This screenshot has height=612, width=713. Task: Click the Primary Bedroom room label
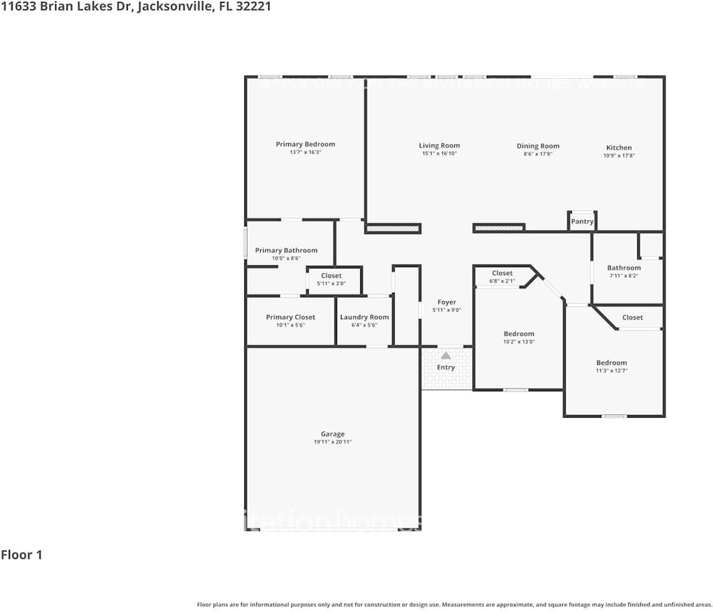coord(305,144)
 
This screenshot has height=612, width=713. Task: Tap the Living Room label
coord(439,145)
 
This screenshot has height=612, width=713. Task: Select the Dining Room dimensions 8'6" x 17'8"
coord(538,154)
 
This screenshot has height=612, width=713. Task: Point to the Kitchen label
coord(619,147)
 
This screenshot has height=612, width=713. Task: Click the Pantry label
coord(582,221)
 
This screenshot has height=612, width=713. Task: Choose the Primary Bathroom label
coord(286,251)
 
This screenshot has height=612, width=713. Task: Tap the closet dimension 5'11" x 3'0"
coord(331,283)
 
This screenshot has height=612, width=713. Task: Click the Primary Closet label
coord(291,317)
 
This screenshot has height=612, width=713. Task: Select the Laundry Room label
coord(364,317)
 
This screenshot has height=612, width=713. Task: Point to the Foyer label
coord(446,302)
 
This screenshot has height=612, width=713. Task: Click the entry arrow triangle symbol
coord(446,355)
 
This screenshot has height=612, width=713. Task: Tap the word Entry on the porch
coord(446,367)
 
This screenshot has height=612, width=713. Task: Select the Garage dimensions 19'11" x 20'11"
coord(333,442)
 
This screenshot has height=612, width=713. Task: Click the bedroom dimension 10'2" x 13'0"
coord(519,342)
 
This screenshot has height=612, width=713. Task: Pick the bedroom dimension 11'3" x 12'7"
coord(611,370)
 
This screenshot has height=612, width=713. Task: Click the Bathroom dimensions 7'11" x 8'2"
coord(623,275)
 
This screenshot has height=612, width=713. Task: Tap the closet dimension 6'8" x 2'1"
coord(502,280)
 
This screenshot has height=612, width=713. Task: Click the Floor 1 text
coord(22,555)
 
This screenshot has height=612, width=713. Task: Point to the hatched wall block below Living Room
coord(393,228)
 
